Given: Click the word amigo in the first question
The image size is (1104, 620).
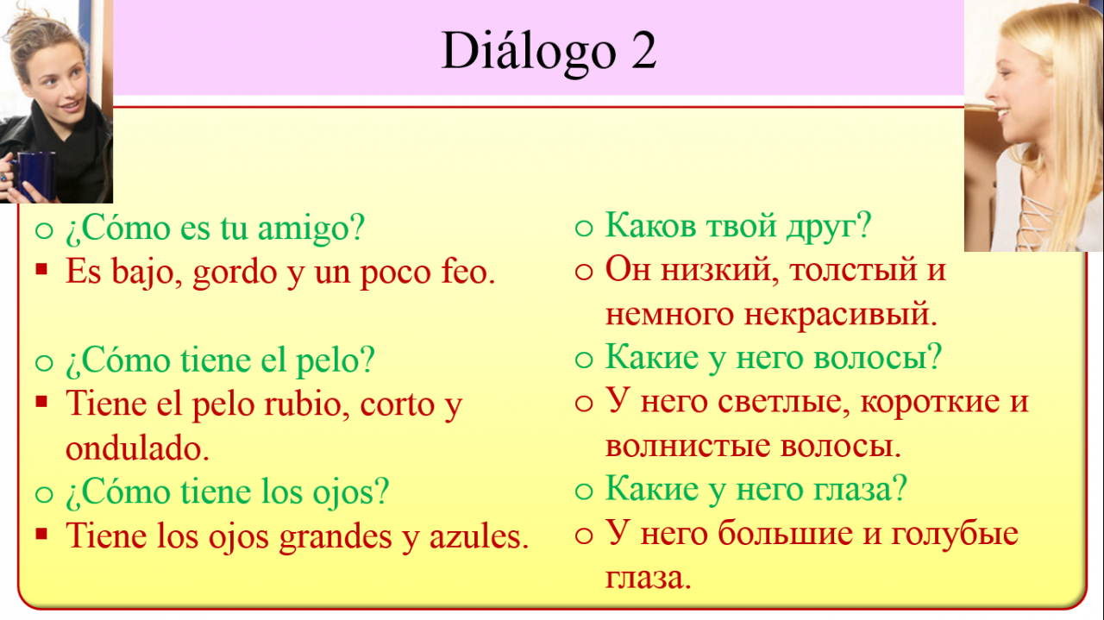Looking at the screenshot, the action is (311, 229).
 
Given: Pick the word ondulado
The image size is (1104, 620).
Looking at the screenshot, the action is (137, 448).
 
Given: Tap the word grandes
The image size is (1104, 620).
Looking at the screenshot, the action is (336, 537).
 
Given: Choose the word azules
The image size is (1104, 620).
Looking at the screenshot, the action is (479, 535).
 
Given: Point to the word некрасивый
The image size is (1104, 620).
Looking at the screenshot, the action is (840, 314).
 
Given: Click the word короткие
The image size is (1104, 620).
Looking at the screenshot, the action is (930, 402).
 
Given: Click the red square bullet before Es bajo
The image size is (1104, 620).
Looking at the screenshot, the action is (41, 269).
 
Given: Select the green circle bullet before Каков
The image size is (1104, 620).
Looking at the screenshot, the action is (584, 228).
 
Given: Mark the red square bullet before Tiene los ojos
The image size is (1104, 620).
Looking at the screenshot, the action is (41, 533).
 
